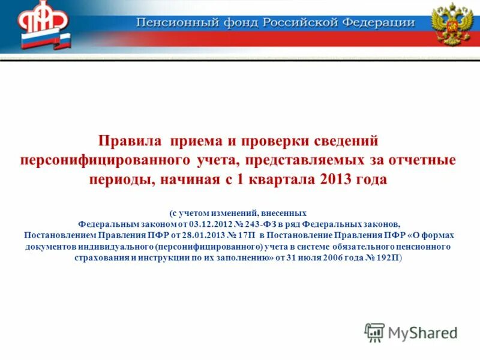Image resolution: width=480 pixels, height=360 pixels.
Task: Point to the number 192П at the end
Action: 387,257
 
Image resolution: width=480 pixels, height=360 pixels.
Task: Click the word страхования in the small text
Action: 115,257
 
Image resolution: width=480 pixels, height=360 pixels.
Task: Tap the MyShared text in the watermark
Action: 422,332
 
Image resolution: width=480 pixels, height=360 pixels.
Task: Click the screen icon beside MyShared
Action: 374,332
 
